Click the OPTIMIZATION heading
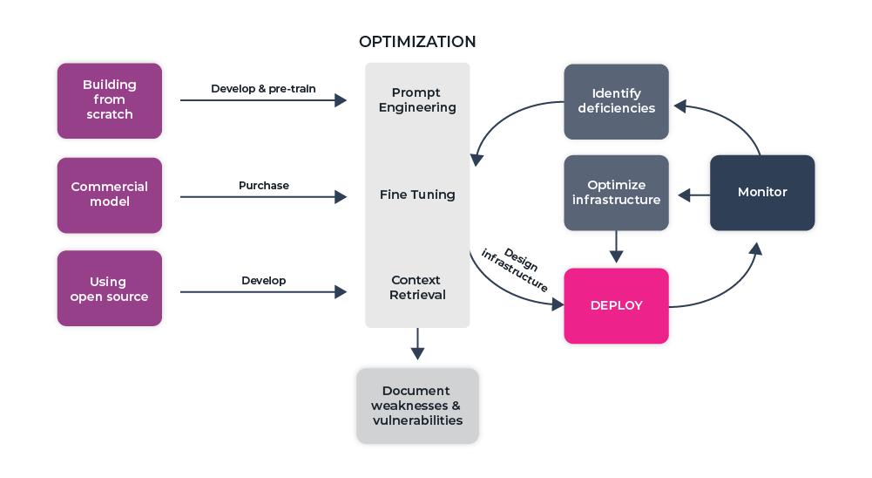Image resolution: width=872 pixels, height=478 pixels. click(x=417, y=42)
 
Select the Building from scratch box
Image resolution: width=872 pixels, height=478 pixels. click(x=110, y=100)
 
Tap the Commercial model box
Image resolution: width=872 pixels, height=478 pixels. click(x=110, y=195)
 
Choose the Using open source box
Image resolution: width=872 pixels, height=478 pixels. click(x=110, y=289)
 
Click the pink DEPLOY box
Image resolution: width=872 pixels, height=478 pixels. click(x=616, y=305)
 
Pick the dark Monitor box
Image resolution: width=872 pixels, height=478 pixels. click(x=762, y=193)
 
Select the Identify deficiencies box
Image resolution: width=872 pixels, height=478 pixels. click(x=616, y=101)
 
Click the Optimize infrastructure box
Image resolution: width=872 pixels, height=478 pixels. click(x=616, y=193)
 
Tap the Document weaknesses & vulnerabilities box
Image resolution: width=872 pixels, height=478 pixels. click(x=417, y=406)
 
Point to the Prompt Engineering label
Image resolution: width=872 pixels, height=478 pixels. click(x=417, y=100)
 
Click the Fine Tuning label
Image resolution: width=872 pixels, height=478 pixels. click(x=417, y=195)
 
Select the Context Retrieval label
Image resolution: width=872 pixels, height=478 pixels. click(x=417, y=288)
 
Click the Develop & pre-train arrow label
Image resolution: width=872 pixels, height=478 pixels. click(x=263, y=89)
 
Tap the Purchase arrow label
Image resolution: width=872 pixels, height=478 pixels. click(x=263, y=186)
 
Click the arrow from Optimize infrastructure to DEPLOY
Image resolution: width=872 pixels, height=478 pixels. click(x=616, y=246)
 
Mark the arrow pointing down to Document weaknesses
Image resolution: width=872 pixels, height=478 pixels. click(x=417, y=344)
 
